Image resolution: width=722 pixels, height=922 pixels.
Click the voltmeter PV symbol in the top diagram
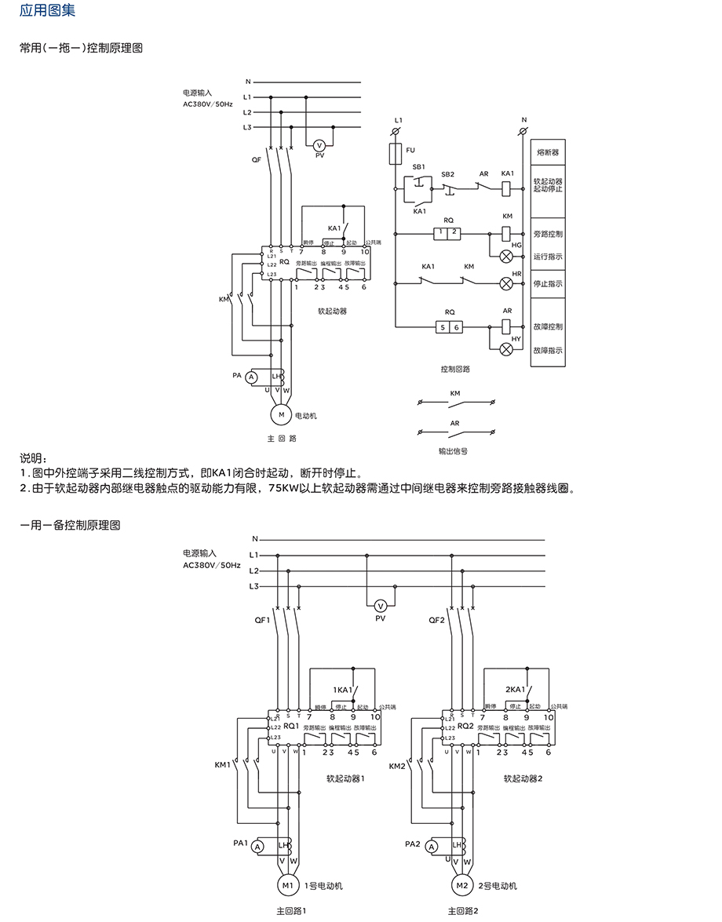pyautogui.click(x=319, y=145)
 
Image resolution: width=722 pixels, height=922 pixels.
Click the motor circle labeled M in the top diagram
pyautogui.click(x=281, y=414)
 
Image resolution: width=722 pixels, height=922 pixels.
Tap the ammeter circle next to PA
pyautogui.click(x=252, y=377)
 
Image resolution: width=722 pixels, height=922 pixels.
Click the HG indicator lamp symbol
pyautogui.click(x=506, y=255)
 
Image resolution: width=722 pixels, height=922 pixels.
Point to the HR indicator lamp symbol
pyautogui.click(x=506, y=283)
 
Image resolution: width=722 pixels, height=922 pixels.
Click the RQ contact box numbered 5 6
pyautogui.click(x=448, y=326)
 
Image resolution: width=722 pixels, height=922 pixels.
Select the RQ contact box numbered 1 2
pyautogui.click(x=448, y=233)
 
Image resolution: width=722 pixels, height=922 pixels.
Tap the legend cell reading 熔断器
pyautogui.click(x=547, y=151)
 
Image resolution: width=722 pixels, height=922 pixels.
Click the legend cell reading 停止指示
pyautogui.click(x=547, y=283)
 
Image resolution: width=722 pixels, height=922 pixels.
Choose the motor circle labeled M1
pyautogui.click(x=287, y=886)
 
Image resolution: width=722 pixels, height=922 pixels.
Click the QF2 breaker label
pyautogui.click(x=437, y=619)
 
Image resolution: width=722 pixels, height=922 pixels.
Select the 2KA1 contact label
pyautogui.click(x=515, y=689)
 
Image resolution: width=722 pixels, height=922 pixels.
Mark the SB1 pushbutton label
pyautogui.click(x=418, y=167)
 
